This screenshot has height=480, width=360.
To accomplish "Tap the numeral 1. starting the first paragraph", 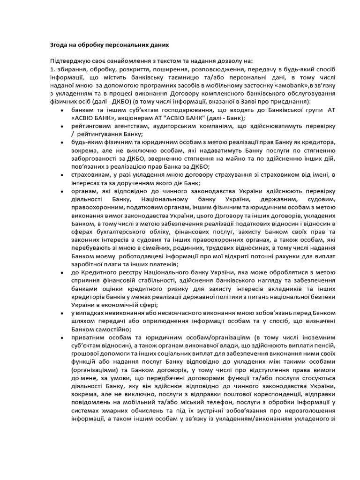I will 52,69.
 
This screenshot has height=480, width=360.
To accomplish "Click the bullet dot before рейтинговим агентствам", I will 63,126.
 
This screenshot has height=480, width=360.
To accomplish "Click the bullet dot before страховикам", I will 63,175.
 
